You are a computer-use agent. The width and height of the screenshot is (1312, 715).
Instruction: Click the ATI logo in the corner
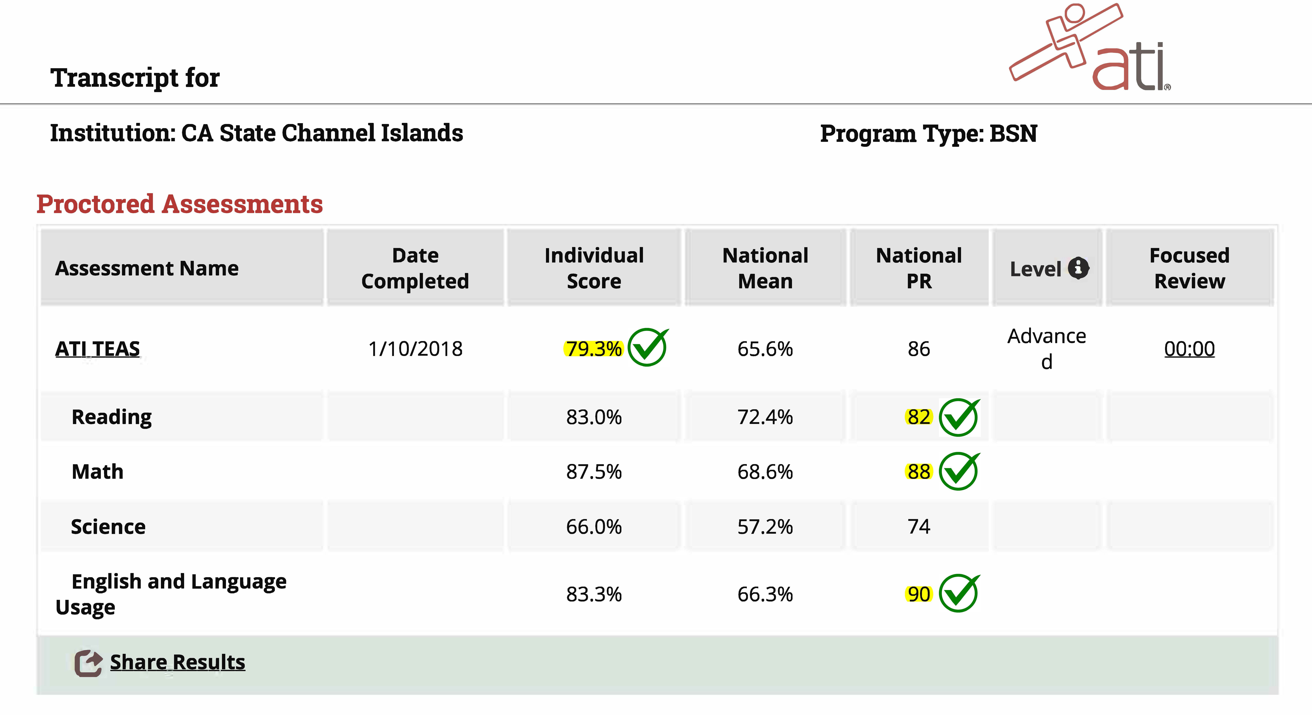point(1090,48)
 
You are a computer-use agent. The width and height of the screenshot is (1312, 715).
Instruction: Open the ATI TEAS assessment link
point(97,349)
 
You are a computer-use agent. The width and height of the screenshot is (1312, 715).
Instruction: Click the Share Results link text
point(177,662)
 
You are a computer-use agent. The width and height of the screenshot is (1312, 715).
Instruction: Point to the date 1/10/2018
point(415,349)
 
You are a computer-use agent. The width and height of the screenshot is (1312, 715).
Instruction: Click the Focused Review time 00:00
point(1189,349)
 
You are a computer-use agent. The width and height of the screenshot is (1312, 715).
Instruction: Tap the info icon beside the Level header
point(1078,268)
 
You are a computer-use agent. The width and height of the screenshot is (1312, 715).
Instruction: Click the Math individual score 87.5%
point(594,472)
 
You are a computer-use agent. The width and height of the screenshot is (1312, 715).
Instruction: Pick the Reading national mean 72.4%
point(765,417)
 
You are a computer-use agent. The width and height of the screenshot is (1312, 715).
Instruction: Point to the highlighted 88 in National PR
point(919,472)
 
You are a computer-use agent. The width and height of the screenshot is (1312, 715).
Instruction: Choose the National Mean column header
point(765,268)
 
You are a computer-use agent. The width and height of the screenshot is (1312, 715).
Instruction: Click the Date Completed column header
point(415,268)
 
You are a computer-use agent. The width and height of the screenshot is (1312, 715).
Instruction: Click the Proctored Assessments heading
point(180,204)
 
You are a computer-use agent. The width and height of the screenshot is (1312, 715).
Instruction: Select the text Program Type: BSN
point(928,133)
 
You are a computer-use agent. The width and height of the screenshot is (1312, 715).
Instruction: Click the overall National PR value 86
point(919,349)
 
